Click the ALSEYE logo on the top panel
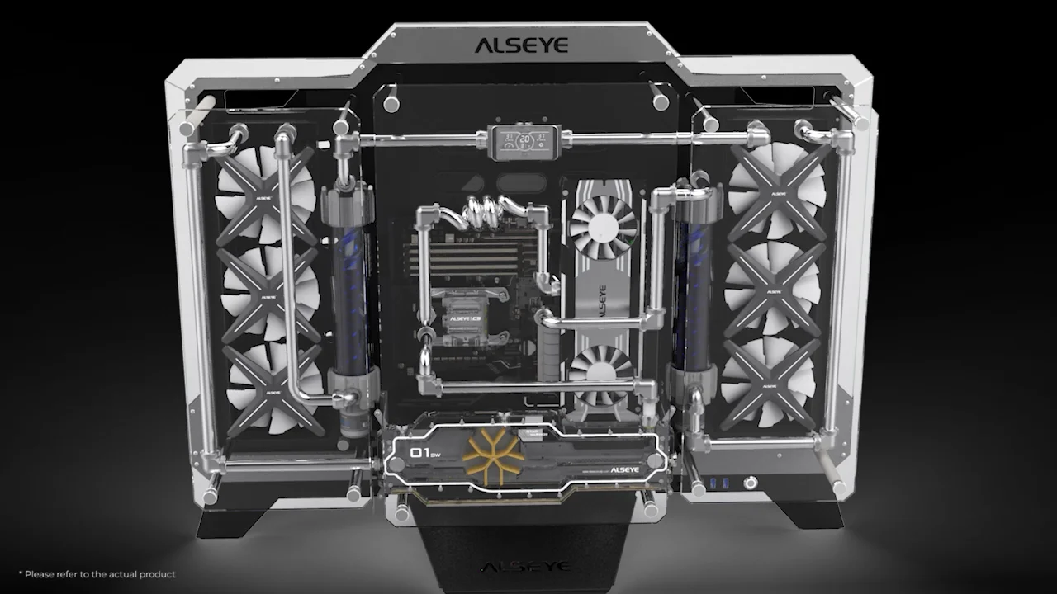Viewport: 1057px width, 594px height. (x=521, y=45)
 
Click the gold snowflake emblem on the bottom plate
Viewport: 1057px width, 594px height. (x=494, y=451)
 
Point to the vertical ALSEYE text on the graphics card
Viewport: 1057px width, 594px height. (x=602, y=302)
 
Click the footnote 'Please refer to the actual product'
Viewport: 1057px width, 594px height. (x=97, y=574)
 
